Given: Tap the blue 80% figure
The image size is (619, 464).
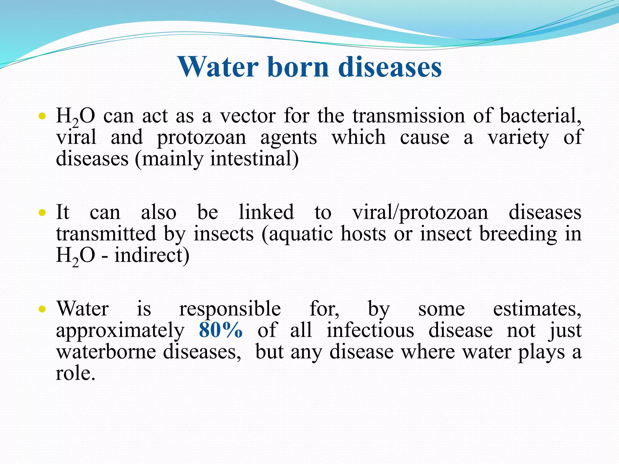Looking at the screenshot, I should [x=221, y=330].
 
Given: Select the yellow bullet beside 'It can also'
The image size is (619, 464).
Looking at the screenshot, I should [x=42, y=213].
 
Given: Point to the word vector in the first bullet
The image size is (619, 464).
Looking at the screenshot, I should [x=248, y=116].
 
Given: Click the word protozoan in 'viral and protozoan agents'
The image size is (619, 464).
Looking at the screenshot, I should [x=202, y=138].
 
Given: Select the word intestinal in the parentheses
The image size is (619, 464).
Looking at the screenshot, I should [x=253, y=159].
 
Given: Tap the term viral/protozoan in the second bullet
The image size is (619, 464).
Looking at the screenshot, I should [x=420, y=213].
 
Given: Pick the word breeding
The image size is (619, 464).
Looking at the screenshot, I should [x=518, y=234].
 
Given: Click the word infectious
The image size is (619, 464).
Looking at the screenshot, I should [x=370, y=330].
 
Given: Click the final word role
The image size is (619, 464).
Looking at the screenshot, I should [x=75, y=373].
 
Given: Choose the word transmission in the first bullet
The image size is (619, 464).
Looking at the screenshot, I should [x=409, y=116].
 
